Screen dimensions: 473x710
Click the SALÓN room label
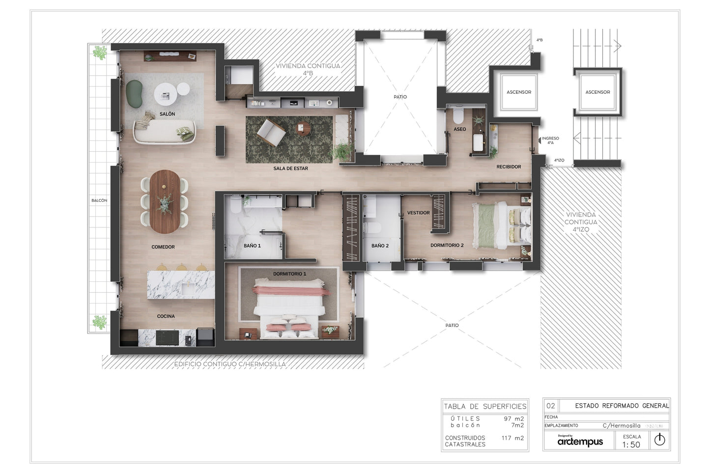167,114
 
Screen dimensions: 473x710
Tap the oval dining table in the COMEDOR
165,201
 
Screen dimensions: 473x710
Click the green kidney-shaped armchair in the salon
134,93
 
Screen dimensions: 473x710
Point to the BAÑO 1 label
252,246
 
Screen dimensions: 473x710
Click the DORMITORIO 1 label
289,274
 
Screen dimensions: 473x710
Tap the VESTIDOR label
418,213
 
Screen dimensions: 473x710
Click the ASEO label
460,129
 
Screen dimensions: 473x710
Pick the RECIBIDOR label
509,167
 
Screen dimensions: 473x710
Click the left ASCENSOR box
519,92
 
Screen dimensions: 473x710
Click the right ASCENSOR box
597,92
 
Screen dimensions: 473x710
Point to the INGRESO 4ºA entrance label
550,140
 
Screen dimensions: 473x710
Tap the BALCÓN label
99,200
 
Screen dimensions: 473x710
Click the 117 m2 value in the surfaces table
512,438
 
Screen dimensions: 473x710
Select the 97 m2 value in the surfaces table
513,419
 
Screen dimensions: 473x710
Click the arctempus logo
580,442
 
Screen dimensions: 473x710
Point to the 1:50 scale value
631,445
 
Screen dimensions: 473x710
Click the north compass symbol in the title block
659,440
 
